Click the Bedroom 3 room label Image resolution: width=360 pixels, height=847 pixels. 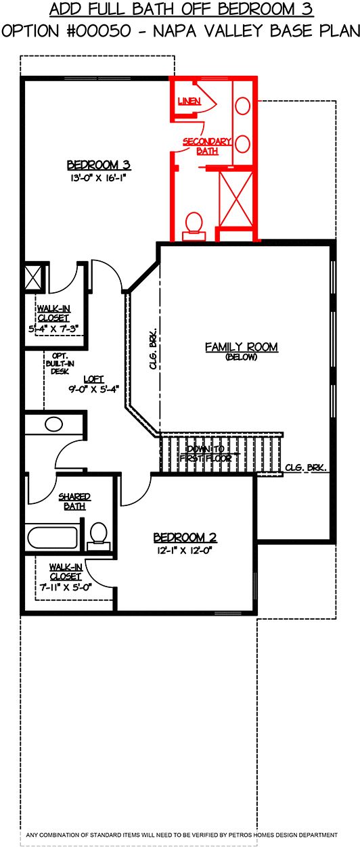(99, 165)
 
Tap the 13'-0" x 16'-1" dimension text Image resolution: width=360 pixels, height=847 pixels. (97, 178)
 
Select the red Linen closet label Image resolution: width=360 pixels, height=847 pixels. (189, 101)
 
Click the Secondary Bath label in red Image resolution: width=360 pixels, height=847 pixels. (207, 146)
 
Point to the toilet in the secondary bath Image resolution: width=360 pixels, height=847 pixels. (194, 227)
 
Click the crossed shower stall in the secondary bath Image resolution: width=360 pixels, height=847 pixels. (236, 199)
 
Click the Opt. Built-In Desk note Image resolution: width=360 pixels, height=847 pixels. (60, 363)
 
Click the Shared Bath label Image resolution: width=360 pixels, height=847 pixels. (74, 501)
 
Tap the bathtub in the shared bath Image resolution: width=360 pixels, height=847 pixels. (53, 537)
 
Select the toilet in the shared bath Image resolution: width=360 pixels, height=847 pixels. (99, 536)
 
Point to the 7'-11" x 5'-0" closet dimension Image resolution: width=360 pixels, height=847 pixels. (66, 587)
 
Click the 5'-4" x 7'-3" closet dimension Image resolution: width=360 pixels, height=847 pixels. (53, 329)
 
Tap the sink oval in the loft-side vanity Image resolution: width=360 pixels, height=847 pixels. (53, 424)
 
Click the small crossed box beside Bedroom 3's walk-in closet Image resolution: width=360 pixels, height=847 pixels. (34, 278)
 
